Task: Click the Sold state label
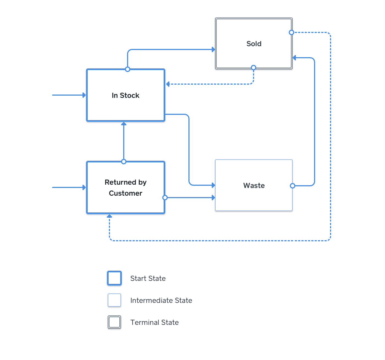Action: [254, 44]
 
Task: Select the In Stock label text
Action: [125, 95]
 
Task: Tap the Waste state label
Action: [254, 185]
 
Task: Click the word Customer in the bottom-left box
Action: [125, 193]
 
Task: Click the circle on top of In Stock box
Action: [127, 69]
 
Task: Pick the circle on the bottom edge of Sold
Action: [254, 68]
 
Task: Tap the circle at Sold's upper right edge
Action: [291, 32]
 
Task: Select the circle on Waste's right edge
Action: [293, 186]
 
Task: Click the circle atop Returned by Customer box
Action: [124, 162]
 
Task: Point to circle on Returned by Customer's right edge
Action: [165, 198]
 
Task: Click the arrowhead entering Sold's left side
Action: [213, 49]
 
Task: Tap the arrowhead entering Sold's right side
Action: [294, 58]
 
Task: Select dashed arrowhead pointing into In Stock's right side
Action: [168, 84]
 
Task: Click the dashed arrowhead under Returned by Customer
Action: [109, 216]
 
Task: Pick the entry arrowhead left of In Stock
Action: [84, 95]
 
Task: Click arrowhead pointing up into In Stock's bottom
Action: [124, 124]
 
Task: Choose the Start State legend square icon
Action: [114, 278]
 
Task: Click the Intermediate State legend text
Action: [161, 300]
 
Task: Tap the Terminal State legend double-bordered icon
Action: [114, 322]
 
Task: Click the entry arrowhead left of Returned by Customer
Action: [84, 187]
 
